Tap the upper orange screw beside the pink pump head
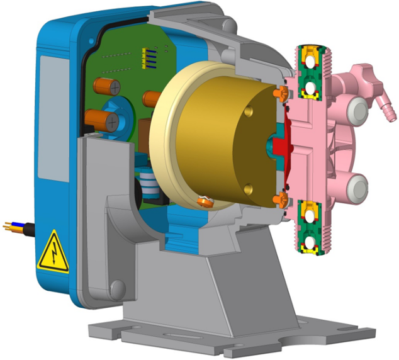point(281,93)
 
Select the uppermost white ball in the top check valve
point(308,61)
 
